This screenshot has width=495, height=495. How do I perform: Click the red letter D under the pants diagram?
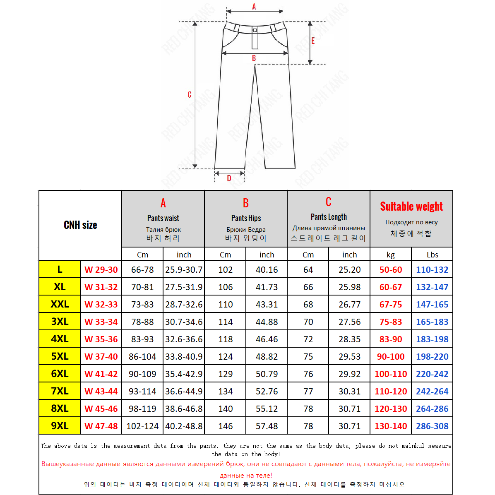229,178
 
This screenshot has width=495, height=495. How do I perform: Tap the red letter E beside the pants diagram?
313,41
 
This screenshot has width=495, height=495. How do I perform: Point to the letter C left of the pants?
189,95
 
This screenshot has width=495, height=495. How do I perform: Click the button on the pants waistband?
255,30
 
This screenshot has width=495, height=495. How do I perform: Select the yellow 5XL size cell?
60,356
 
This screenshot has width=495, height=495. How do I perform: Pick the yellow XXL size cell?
60,304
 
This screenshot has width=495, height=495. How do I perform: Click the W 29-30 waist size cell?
101,270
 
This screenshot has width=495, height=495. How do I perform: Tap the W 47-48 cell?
101,426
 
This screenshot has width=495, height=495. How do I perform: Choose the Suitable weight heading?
411,207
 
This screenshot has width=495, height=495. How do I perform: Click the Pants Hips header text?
246,218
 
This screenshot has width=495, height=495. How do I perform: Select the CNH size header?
80,225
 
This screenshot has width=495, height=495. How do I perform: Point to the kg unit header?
391,255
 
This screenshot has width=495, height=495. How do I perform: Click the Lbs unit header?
432,255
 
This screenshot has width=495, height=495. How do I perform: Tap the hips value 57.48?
267,426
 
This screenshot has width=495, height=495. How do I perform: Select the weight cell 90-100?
391,356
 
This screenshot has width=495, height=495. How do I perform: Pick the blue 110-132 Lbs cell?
432,270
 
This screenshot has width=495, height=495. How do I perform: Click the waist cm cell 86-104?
142,356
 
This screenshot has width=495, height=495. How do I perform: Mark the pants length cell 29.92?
349,374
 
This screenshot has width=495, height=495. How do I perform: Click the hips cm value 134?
225,391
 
